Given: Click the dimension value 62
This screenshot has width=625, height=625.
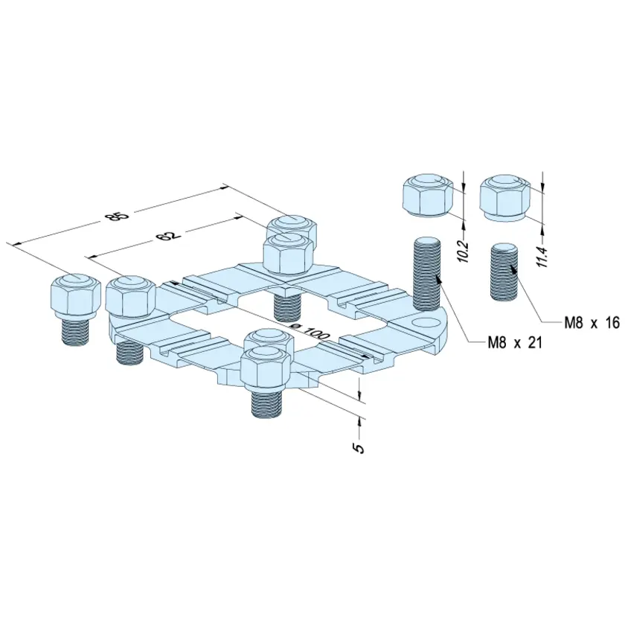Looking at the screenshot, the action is click(168, 235).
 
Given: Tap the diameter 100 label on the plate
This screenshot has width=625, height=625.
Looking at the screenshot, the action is click(309, 331).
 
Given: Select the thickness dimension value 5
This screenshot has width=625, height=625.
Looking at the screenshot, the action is click(359, 448).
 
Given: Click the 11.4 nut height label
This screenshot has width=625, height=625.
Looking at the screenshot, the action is click(543, 257).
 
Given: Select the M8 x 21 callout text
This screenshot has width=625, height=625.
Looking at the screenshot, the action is click(515, 342).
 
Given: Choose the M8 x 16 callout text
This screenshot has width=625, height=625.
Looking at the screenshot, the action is click(592, 322).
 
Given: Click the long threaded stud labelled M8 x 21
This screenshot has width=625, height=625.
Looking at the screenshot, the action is click(427, 274).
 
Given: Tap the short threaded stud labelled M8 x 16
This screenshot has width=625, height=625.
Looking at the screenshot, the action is click(504, 272).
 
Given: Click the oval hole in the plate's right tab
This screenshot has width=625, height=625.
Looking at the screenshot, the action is click(423, 322).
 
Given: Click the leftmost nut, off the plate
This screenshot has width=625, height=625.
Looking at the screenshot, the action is click(76, 295).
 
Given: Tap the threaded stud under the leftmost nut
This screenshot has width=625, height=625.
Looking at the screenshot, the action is click(76, 332).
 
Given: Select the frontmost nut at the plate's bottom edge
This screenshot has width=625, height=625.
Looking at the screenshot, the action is click(266, 369).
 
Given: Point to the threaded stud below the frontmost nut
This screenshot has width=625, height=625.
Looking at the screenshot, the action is click(267, 404).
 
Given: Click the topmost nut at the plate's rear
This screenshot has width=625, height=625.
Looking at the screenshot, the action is click(292, 233).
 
